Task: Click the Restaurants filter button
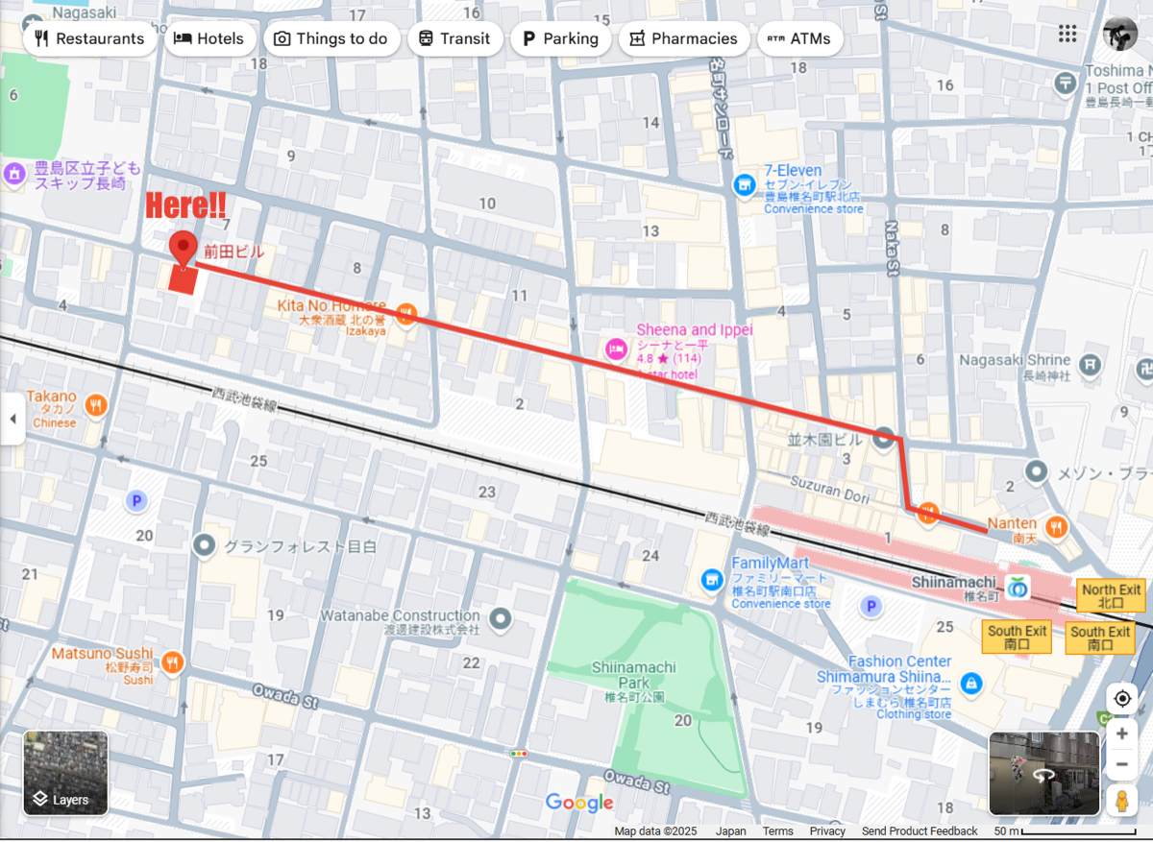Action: pyautogui.click(x=89, y=38)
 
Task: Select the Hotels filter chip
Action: pyautogui.click(x=209, y=38)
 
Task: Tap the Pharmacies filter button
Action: pyautogui.click(x=683, y=38)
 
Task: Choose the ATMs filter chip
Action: pyautogui.click(x=800, y=38)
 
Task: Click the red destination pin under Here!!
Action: pyautogui.click(x=183, y=248)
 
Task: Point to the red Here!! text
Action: pyautogui.click(x=185, y=204)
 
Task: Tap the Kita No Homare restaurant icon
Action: pyautogui.click(x=405, y=312)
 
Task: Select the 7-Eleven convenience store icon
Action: pyautogui.click(x=744, y=184)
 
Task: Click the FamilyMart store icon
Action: pyautogui.click(x=711, y=578)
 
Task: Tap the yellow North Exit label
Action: pyautogui.click(x=1111, y=596)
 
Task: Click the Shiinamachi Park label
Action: pyautogui.click(x=633, y=674)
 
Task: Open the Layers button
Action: pyautogui.click(x=66, y=773)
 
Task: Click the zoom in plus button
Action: pyautogui.click(x=1121, y=734)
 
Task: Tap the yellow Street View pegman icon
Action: pyautogui.click(x=1121, y=800)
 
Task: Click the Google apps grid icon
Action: pyautogui.click(x=1067, y=34)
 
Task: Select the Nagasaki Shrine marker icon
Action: pyautogui.click(x=1089, y=364)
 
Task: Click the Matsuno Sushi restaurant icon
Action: pyautogui.click(x=173, y=662)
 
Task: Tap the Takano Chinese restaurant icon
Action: pyautogui.click(x=95, y=405)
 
